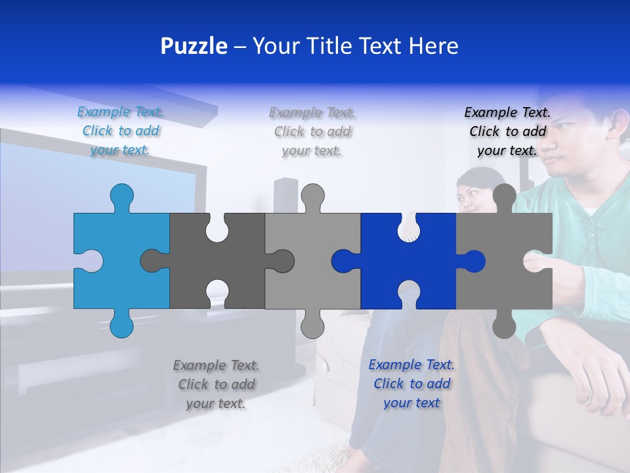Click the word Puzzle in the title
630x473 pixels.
pyautogui.click(x=194, y=46)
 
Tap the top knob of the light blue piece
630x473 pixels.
pyautogui.click(x=121, y=195)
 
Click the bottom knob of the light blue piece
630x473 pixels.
pyautogui.click(x=121, y=325)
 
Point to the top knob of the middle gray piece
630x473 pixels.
pyautogui.click(x=312, y=195)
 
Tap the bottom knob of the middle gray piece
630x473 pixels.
pyautogui.click(x=312, y=325)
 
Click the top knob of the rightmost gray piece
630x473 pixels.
pyautogui.click(x=504, y=195)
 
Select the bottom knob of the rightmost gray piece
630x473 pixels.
pyautogui.click(x=504, y=325)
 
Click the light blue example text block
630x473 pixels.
pyautogui.click(x=121, y=131)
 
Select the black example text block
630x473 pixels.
pyautogui.click(x=507, y=131)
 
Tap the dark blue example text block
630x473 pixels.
pyautogui.click(x=411, y=384)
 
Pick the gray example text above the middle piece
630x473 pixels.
pyautogui.click(x=312, y=131)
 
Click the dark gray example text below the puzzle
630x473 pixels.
pyautogui.click(x=216, y=384)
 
